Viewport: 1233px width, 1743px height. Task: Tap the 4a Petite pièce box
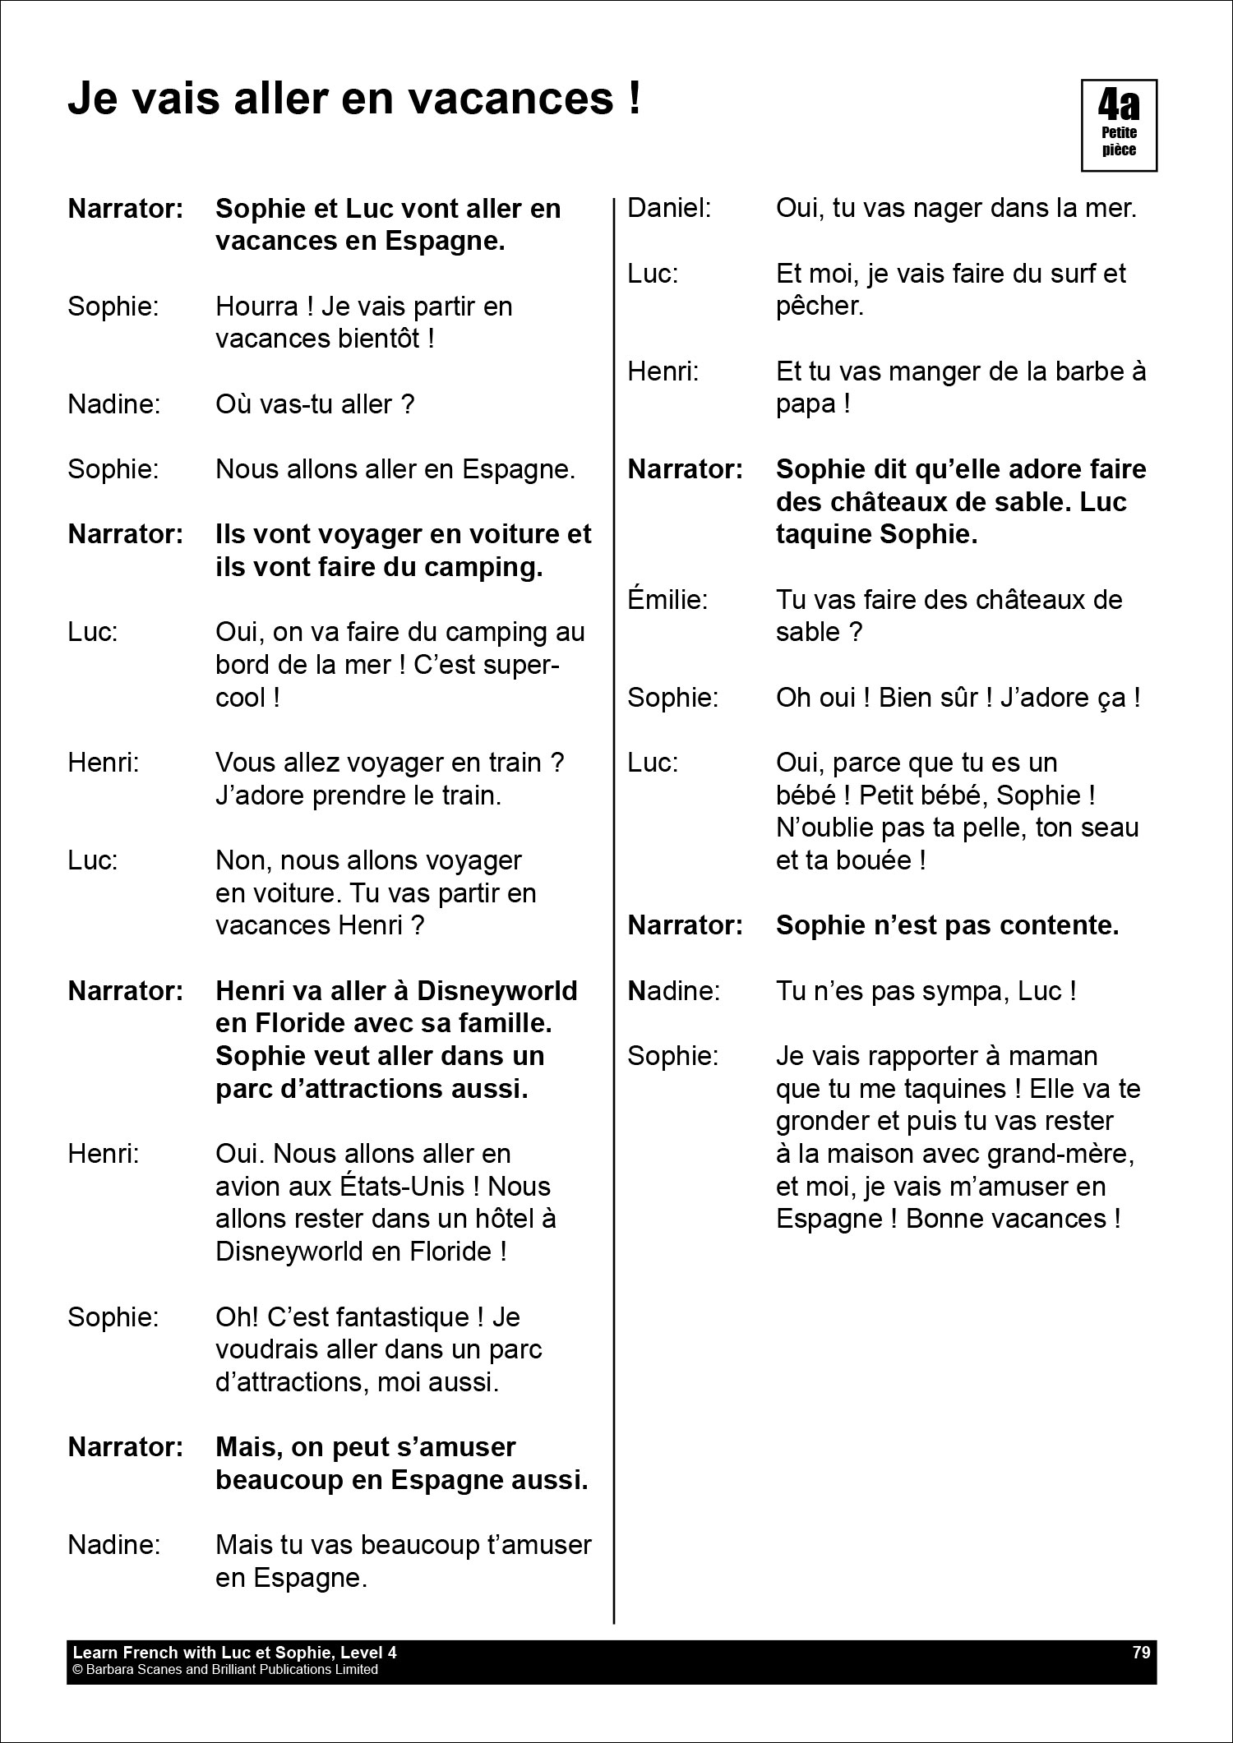pos(1119,126)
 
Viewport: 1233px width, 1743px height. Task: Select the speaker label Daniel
pos(668,208)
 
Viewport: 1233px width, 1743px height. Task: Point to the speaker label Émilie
pos(667,599)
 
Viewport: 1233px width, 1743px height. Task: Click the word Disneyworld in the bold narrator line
pos(496,991)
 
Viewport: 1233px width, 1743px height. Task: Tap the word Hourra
pos(256,307)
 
